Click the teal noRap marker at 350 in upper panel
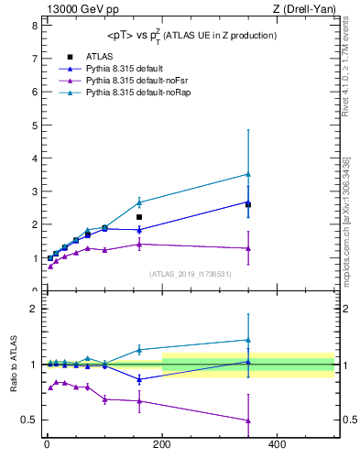coord(248,174)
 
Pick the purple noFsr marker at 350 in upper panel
coord(248,248)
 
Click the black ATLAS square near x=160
coord(139,217)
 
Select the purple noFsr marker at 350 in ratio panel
coord(248,420)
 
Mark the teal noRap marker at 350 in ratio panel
coord(248,340)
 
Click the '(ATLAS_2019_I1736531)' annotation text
coord(190,274)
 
